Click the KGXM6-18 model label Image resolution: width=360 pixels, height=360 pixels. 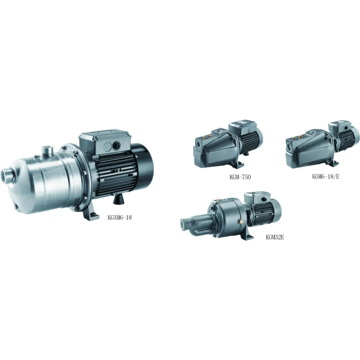click(x=119, y=217)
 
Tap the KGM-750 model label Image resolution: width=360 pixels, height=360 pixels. click(x=240, y=177)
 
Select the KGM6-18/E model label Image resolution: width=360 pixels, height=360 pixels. click(x=326, y=176)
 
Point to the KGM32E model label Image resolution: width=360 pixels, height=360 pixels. click(x=275, y=237)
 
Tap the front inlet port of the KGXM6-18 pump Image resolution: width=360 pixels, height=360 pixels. click(x=7, y=176)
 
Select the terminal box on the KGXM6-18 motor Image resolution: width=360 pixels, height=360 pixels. click(x=104, y=142)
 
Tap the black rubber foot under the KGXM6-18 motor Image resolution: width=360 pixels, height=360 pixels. click(x=118, y=199)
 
